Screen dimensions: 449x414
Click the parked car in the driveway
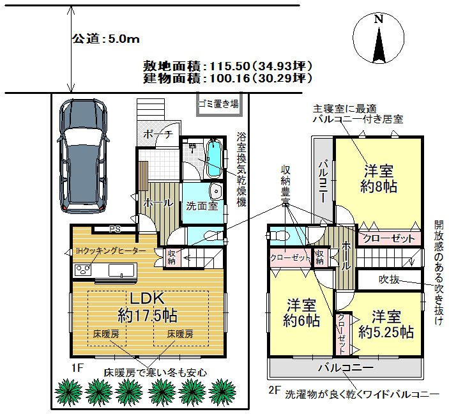pyautogui.click(x=83, y=156)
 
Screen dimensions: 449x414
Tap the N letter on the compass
pyautogui.click(x=379, y=19)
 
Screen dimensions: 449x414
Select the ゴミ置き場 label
pyautogui.click(x=218, y=103)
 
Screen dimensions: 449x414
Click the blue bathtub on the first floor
pyautogui.click(x=214, y=158)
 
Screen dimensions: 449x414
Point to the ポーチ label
pyautogui.click(x=158, y=134)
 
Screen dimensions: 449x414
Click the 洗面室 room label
pyautogui.click(x=202, y=206)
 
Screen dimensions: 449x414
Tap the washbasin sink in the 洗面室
pyautogui.click(x=216, y=191)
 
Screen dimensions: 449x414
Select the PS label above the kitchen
pyautogui.click(x=115, y=229)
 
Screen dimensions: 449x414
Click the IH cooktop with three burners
pyautogui.click(x=83, y=270)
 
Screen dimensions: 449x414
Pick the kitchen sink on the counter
pyautogui.click(x=121, y=270)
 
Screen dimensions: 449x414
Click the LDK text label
pyautogui.click(x=148, y=298)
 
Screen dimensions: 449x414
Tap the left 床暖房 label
pyautogui.click(x=106, y=333)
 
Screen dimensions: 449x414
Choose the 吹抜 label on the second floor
pyautogui.click(x=389, y=279)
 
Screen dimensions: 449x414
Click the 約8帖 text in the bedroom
pyautogui.click(x=379, y=187)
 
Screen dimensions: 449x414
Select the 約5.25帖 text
pyautogui.click(x=386, y=332)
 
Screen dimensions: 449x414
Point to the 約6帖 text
pyautogui.click(x=301, y=320)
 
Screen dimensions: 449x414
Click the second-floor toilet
pyautogui.click(x=279, y=236)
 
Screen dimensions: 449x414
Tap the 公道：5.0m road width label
pyautogui.click(x=105, y=39)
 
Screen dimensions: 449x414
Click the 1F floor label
pyautogui.click(x=77, y=367)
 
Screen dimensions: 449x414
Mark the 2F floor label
pyautogui.click(x=275, y=390)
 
